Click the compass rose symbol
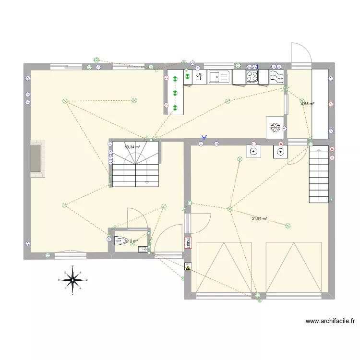point(72,279)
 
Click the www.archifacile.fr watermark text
point(330,321)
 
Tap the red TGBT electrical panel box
point(188,242)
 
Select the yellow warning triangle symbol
point(188,266)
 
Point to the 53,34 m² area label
point(132,147)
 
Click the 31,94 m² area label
point(259,219)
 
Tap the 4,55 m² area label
point(307,104)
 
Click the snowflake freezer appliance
point(275,127)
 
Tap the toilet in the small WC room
point(121,240)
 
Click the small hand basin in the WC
point(143,249)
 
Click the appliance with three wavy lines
point(276,76)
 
